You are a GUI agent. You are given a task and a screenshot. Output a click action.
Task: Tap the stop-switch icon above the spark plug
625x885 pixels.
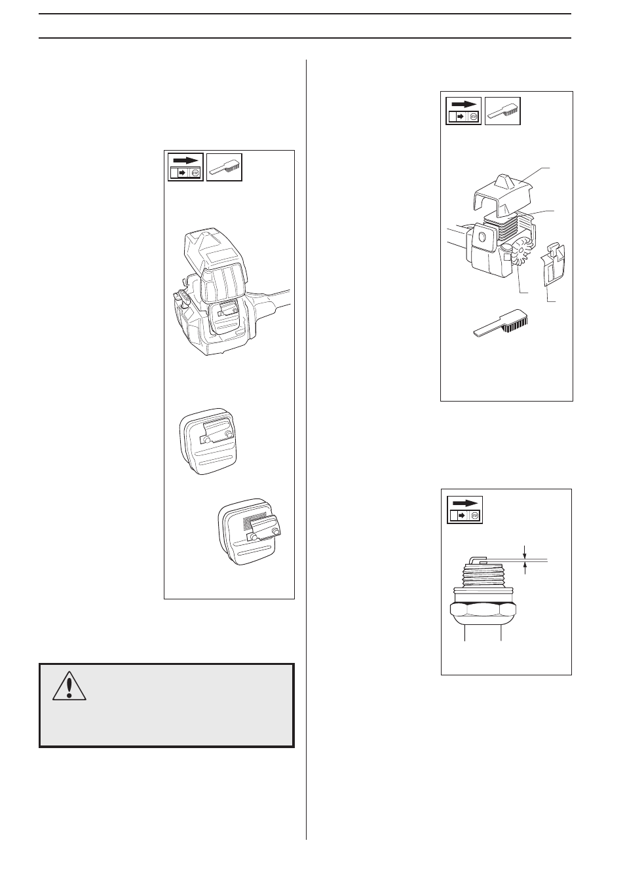pos(464,509)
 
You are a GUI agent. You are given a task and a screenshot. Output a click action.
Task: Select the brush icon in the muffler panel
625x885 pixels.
pos(224,167)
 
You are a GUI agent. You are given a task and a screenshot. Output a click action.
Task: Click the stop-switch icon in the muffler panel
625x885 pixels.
pos(185,167)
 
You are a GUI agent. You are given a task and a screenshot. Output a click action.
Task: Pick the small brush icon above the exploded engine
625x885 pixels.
pos(502,111)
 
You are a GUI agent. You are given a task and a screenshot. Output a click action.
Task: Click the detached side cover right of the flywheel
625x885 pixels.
pos(554,267)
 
